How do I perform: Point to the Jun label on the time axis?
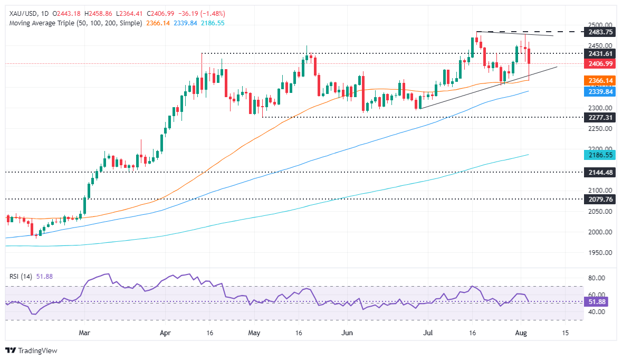(347, 333)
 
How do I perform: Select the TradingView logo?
(32, 350)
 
